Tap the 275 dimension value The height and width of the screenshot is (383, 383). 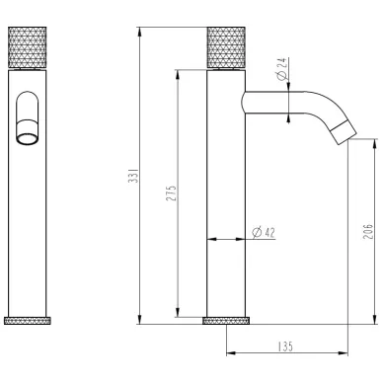[172, 193]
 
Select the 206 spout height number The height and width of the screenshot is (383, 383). [368, 231]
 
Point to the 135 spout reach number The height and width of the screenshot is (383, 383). [285, 346]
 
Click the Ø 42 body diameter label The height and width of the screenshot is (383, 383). [264, 232]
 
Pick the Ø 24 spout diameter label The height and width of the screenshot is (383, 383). [282, 69]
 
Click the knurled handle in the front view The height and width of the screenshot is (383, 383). [27, 47]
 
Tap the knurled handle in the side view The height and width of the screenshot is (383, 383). [226, 47]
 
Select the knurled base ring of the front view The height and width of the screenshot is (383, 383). [28, 321]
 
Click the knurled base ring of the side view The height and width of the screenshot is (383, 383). [226, 321]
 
